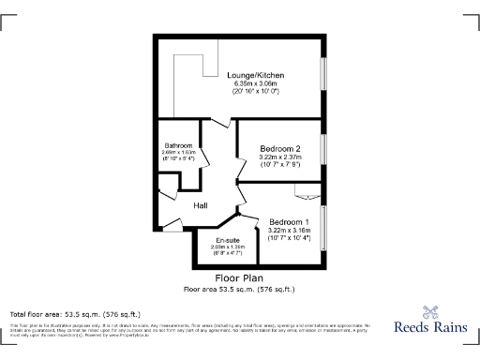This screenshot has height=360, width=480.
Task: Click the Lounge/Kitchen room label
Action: point(255,75)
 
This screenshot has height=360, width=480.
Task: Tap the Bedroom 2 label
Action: point(280,149)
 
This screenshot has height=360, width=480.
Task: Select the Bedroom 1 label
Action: point(289,222)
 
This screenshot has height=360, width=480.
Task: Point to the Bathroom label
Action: point(179,145)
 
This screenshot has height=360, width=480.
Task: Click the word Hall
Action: point(201,206)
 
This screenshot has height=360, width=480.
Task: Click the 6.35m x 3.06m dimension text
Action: point(255,84)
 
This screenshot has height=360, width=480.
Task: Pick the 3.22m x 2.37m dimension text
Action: point(280,158)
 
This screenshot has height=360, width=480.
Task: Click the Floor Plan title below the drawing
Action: point(238,278)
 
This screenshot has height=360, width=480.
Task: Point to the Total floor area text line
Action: point(75,313)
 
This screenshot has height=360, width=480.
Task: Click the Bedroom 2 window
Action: point(323,149)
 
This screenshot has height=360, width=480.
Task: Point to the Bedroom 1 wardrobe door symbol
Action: point(307,194)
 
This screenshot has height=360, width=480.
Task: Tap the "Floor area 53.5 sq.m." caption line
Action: point(238,289)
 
